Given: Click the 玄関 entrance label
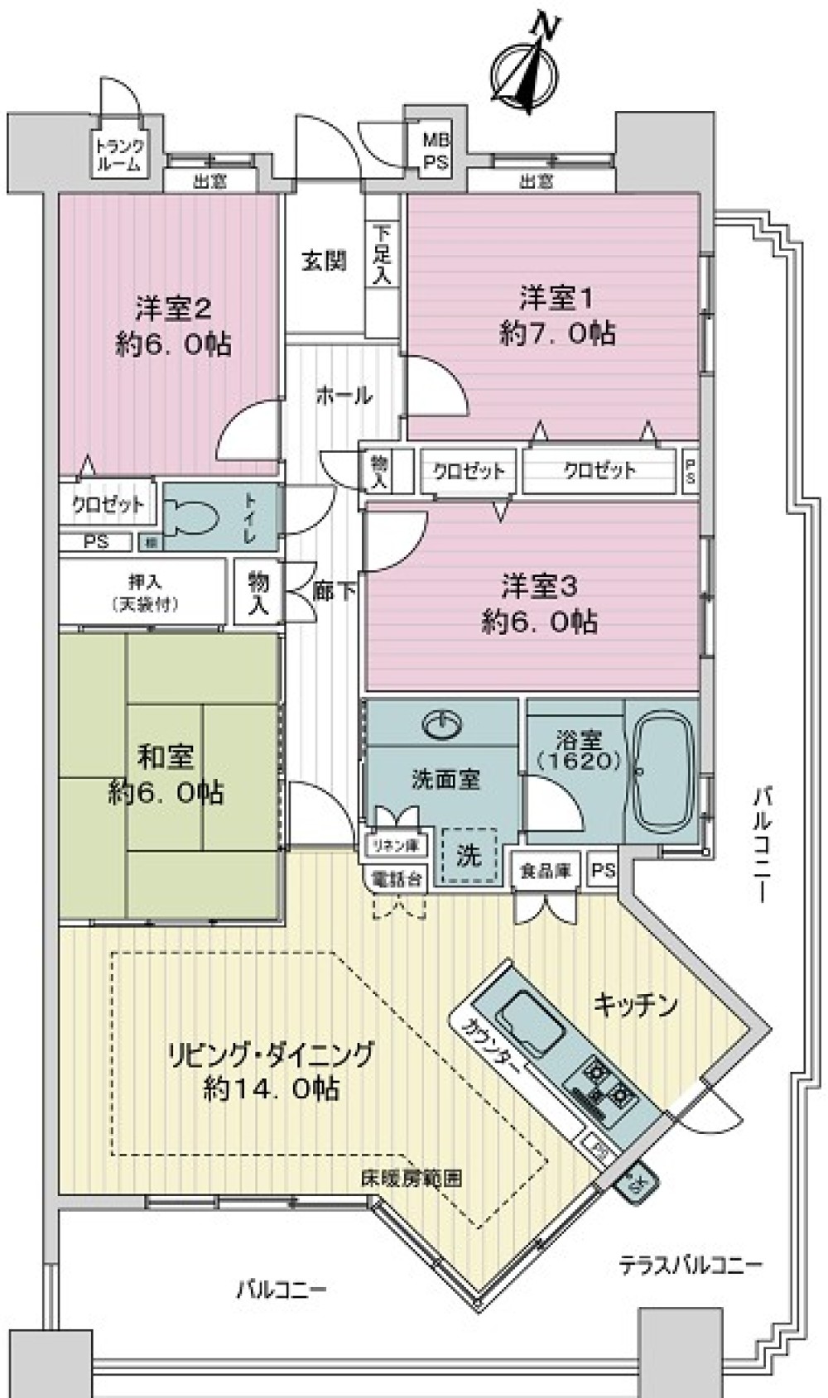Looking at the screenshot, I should pos(324,262).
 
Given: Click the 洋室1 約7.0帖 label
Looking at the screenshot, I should pos(557,315).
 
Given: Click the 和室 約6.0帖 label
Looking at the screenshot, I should pos(166,775).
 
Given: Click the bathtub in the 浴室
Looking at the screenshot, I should pos(662,771).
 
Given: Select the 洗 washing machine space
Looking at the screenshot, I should pos(469,855).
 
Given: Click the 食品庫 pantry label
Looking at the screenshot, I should pos(545,871).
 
